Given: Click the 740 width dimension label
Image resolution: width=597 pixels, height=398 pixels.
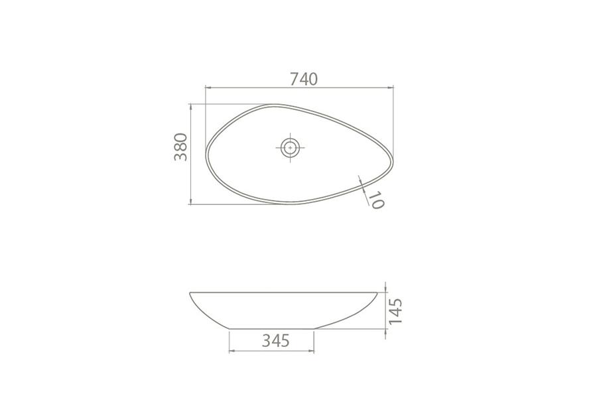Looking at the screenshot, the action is click(303, 79).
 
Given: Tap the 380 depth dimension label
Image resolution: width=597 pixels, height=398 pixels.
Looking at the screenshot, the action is click(181, 147).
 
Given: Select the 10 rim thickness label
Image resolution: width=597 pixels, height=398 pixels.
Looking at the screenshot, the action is click(376, 200).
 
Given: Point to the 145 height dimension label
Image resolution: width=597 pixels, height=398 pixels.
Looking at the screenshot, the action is click(395, 311).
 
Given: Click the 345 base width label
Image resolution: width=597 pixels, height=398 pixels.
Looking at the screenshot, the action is click(276, 340).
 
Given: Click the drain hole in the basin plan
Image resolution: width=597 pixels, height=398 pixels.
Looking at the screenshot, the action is click(290, 147).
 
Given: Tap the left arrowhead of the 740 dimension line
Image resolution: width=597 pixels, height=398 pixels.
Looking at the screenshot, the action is click(208, 88).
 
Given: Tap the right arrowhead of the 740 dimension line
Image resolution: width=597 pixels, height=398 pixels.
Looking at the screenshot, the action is click(391, 88).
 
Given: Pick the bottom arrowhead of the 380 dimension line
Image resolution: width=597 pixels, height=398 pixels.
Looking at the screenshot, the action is click(191, 201).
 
